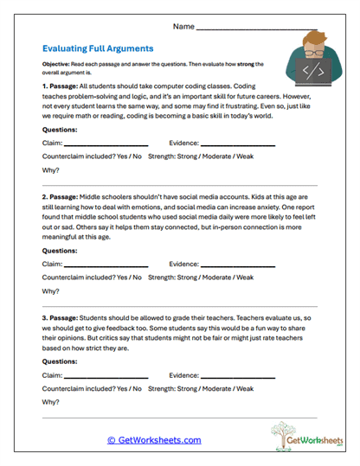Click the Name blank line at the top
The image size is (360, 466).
pyautogui.click(x=251, y=29)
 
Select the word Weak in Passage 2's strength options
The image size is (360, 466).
pyautogui.click(x=245, y=278)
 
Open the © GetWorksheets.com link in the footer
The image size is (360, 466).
pyautogui.click(x=154, y=440)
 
